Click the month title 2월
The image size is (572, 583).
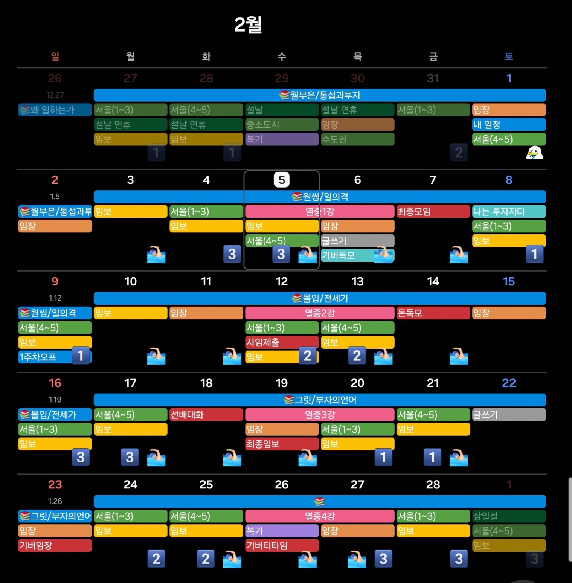[248, 25]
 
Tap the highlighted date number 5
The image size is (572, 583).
[282, 180]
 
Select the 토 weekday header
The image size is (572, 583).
[509, 56]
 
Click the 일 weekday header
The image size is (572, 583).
[55, 56]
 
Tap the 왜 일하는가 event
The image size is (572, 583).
[55, 110]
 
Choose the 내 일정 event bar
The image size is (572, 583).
[509, 125]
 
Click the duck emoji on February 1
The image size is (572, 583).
[534, 153]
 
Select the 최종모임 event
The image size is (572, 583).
[433, 212]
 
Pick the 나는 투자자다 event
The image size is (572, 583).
[509, 212]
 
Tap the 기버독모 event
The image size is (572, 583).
[346, 256]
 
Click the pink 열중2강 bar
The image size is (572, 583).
[320, 313]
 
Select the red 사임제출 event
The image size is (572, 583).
[282, 342]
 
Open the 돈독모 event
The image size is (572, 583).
[433, 313]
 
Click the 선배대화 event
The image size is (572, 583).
[206, 415]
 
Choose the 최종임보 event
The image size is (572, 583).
[282, 444]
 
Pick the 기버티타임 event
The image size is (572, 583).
[282, 545]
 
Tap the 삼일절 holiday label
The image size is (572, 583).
[509, 516]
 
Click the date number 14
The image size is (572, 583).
[433, 281]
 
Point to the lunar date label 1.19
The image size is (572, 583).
[55, 400]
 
